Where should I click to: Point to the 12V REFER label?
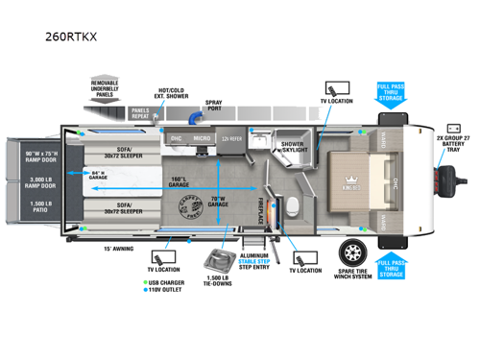(231, 139)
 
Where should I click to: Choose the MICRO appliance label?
(201, 139)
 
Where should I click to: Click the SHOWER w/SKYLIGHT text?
(293, 147)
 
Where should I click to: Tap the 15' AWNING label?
(118, 248)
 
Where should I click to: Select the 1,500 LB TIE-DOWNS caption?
(219, 278)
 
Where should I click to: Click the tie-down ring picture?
(220, 256)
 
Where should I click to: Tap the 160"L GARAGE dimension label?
(178, 182)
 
